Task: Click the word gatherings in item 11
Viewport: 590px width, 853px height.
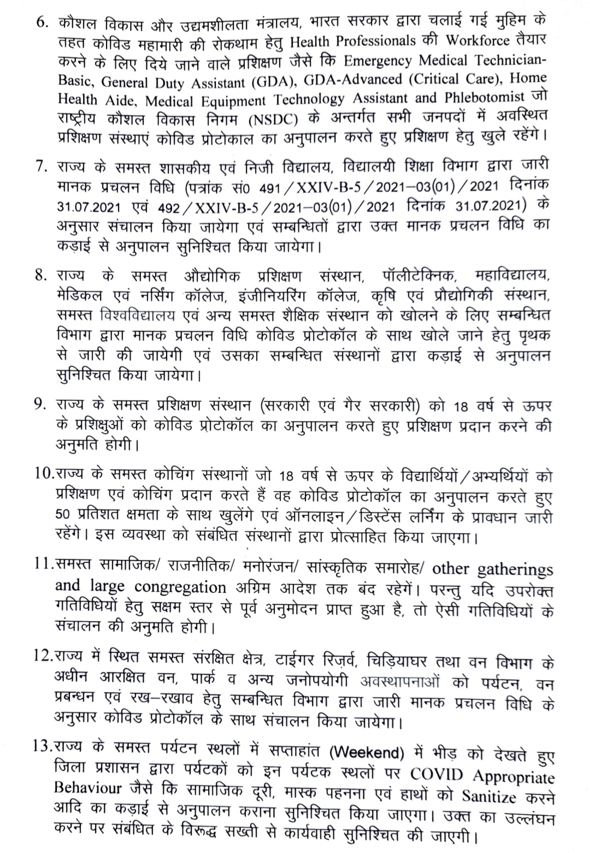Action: click(x=515, y=570)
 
